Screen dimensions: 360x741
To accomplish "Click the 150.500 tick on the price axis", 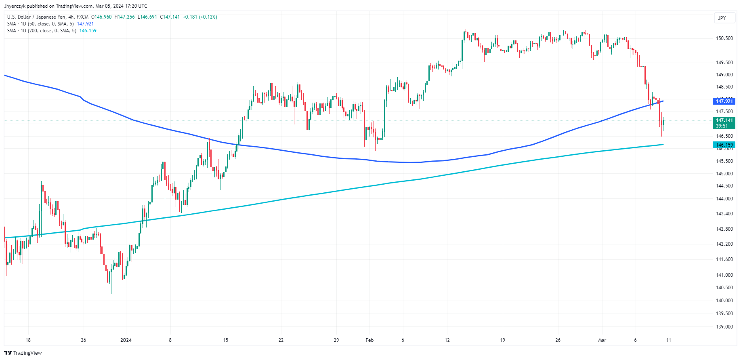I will (x=724, y=38).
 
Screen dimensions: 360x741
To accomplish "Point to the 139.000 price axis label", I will (x=724, y=326).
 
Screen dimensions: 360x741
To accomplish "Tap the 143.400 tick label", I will (x=724, y=214).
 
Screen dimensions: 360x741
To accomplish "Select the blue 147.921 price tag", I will (x=724, y=101).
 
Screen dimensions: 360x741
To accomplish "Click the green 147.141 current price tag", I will (x=724, y=120).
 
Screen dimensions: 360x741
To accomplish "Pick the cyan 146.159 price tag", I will (x=724, y=145).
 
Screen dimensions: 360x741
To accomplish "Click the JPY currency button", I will (x=722, y=18).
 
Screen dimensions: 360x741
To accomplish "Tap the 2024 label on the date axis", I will (x=126, y=340).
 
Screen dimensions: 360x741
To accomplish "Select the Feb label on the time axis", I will (x=369, y=340).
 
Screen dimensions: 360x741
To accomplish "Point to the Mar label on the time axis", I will (x=602, y=340).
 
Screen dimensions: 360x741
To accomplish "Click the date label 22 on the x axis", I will (x=281, y=340).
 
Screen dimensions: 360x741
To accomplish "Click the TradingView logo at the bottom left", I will (x=23, y=353).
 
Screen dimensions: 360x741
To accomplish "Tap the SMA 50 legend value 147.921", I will (x=85, y=24).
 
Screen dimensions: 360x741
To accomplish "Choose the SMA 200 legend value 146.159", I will (x=88, y=31).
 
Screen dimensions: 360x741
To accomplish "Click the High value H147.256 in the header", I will (x=125, y=17).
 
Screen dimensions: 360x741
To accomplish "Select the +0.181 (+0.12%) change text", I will (x=200, y=17).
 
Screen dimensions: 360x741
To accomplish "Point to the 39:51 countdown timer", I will (x=722, y=126).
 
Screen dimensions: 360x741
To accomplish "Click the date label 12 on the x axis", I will (x=447, y=340).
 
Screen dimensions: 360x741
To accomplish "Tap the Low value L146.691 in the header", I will (x=147, y=17).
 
